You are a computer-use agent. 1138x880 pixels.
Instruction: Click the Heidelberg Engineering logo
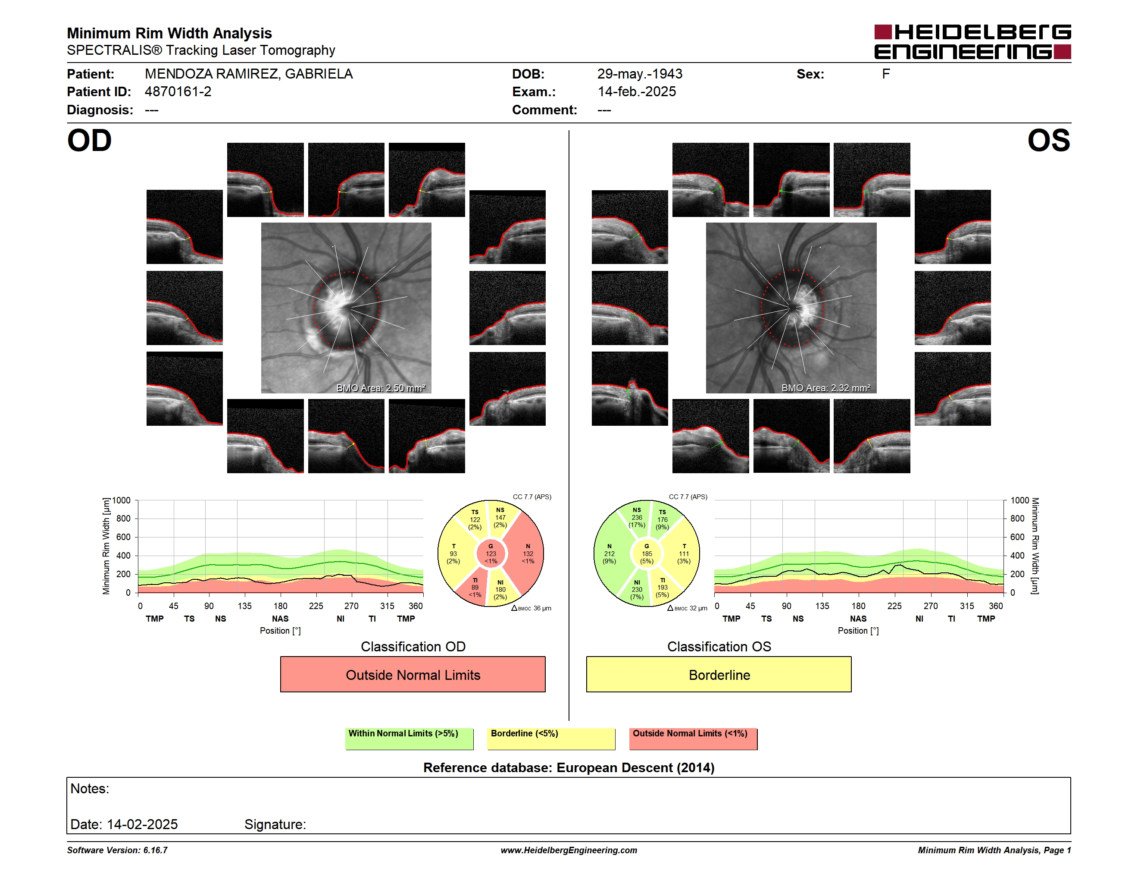(972, 42)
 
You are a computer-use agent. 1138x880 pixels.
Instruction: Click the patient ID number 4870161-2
(178, 92)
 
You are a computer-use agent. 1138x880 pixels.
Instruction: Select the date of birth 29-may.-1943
(639, 74)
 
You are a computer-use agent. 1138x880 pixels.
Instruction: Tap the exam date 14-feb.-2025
(636, 92)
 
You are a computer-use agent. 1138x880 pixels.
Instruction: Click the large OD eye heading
(89, 141)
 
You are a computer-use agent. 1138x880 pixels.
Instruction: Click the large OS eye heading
(1048, 141)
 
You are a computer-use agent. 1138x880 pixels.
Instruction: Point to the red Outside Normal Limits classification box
(413, 674)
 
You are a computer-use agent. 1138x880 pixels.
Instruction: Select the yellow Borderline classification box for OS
(719, 674)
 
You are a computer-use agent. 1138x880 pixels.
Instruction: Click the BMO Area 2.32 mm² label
(825, 388)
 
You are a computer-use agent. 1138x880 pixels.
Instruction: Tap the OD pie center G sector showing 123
(491, 553)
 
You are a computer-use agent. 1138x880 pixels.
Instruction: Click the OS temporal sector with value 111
(683, 553)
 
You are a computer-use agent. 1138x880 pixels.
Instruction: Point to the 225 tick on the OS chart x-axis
(894, 606)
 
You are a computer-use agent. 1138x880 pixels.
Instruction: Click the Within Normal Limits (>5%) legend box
(409, 739)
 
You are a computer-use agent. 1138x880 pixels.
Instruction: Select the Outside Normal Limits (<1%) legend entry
(693, 739)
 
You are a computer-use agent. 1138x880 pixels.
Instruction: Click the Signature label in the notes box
(275, 824)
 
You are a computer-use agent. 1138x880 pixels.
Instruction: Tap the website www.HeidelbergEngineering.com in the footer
(569, 850)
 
